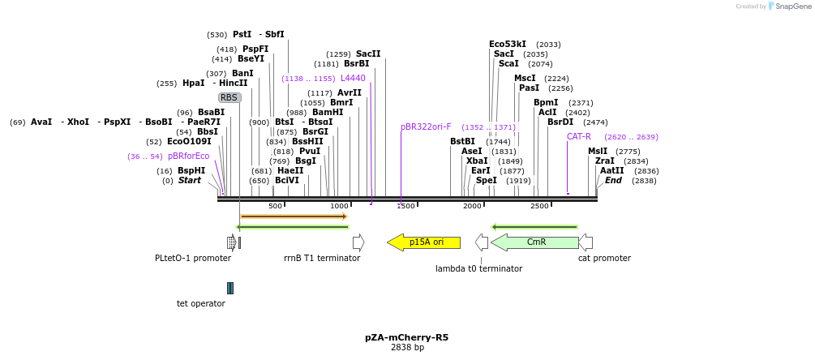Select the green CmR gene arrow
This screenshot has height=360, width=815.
(535, 242)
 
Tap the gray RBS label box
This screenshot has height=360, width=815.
(229, 97)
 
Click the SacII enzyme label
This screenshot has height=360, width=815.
(368, 54)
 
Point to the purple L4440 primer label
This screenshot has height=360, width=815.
(353, 79)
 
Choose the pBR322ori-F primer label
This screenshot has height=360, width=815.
(426, 127)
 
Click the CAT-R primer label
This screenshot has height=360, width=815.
(579, 137)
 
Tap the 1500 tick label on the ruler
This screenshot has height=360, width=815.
(405, 207)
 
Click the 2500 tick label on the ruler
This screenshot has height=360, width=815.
(539, 207)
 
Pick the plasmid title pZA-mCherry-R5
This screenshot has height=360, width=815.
(407, 337)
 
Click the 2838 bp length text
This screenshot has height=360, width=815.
(407, 348)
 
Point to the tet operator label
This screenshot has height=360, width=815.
(201, 304)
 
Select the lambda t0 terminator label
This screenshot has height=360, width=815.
(478, 268)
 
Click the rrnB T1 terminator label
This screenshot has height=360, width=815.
(322, 259)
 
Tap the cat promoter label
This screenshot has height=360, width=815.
(604, 259)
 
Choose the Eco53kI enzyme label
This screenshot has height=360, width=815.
(508, 45)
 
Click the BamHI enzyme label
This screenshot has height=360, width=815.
(328, 113)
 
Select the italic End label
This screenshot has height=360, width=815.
(613, 180)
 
